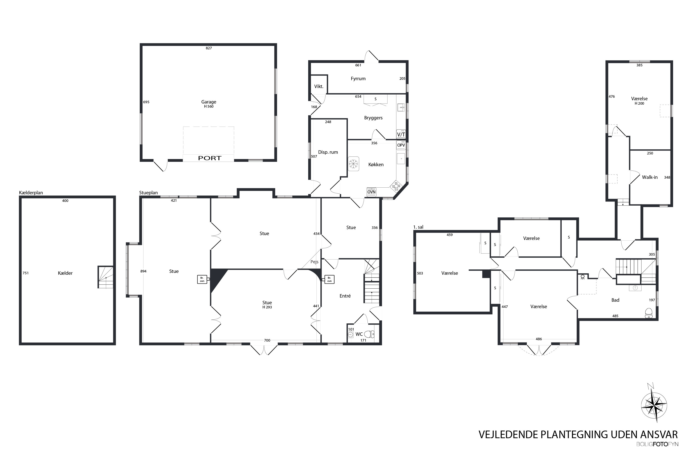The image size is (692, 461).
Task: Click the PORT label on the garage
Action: [x=209, y=158]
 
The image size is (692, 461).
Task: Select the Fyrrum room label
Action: [x=358, y=79]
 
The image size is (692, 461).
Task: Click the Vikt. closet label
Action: [x=319, y=86]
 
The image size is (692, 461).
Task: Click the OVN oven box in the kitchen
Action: [x=371, y=192]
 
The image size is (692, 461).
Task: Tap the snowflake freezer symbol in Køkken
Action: [x=353, y=164]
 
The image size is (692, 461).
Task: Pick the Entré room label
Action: [x=345, y=296]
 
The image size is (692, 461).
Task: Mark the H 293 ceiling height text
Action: [x=267, y=307]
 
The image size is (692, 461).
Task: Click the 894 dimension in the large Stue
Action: [x=143, y=271]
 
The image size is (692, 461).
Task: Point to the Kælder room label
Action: [x=65, y=273]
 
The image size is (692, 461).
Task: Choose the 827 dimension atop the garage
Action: [x=209, y=48]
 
